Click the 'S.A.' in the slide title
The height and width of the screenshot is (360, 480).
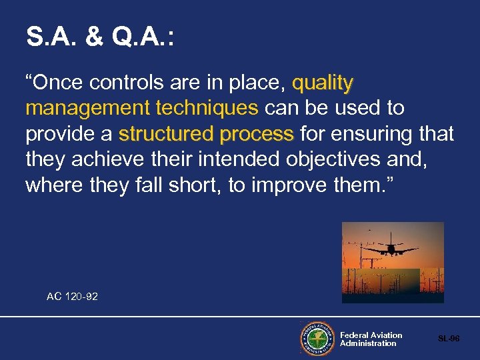pyautogui.click(x=49, y=37)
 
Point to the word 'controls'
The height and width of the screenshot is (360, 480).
pyautogui.click(x=120, y=83)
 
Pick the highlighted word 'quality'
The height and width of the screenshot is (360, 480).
pyautogui.click(x=323, y=83)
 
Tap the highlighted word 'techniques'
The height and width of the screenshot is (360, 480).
pyautogui.click(x=206, y=109)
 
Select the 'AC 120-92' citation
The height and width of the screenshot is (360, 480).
pyautogui.click(x=72, y=296)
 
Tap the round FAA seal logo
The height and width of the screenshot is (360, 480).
pyautogui.click(x=317, y=339)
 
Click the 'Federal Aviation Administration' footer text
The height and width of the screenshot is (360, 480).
pyautogui.click(x=371, y=339)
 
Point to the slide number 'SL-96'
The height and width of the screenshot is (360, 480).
pyautogui.click(x=449, y=339)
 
